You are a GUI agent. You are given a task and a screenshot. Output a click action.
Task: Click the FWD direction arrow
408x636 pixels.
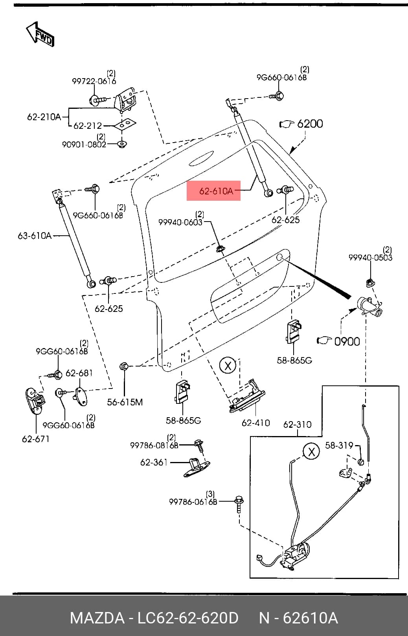40,34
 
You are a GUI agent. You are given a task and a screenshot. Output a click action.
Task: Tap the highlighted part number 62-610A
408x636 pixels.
216,191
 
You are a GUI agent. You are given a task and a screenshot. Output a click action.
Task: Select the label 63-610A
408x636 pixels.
34,236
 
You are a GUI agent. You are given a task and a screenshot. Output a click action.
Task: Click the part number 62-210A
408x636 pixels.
44,117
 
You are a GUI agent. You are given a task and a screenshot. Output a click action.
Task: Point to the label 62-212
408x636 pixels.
88,125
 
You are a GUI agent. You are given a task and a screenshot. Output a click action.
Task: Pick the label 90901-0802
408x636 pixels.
84,145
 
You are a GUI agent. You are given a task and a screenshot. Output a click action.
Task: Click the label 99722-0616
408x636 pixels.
94,81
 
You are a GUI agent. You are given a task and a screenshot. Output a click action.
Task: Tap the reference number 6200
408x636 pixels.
310,124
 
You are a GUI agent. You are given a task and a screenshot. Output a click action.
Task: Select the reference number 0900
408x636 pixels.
347,341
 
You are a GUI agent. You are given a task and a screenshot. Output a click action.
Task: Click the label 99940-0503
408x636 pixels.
371,258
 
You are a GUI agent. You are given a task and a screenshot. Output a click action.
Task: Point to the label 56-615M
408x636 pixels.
125,402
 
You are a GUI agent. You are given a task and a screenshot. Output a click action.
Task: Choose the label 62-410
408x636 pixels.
256,423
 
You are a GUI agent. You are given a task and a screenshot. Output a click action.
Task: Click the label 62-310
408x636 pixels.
297,425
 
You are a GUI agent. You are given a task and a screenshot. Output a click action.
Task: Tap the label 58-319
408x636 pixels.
339,445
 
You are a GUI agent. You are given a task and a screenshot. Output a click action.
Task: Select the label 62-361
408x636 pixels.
154,462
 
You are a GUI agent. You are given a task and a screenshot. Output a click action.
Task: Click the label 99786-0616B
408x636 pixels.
193,502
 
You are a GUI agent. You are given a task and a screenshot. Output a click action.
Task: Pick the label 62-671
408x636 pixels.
35,439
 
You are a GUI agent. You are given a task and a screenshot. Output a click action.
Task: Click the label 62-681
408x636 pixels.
79,373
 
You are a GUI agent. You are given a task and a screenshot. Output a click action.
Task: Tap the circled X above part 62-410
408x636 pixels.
228,365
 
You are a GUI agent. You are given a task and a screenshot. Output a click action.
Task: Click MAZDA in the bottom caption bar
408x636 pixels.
97,618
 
